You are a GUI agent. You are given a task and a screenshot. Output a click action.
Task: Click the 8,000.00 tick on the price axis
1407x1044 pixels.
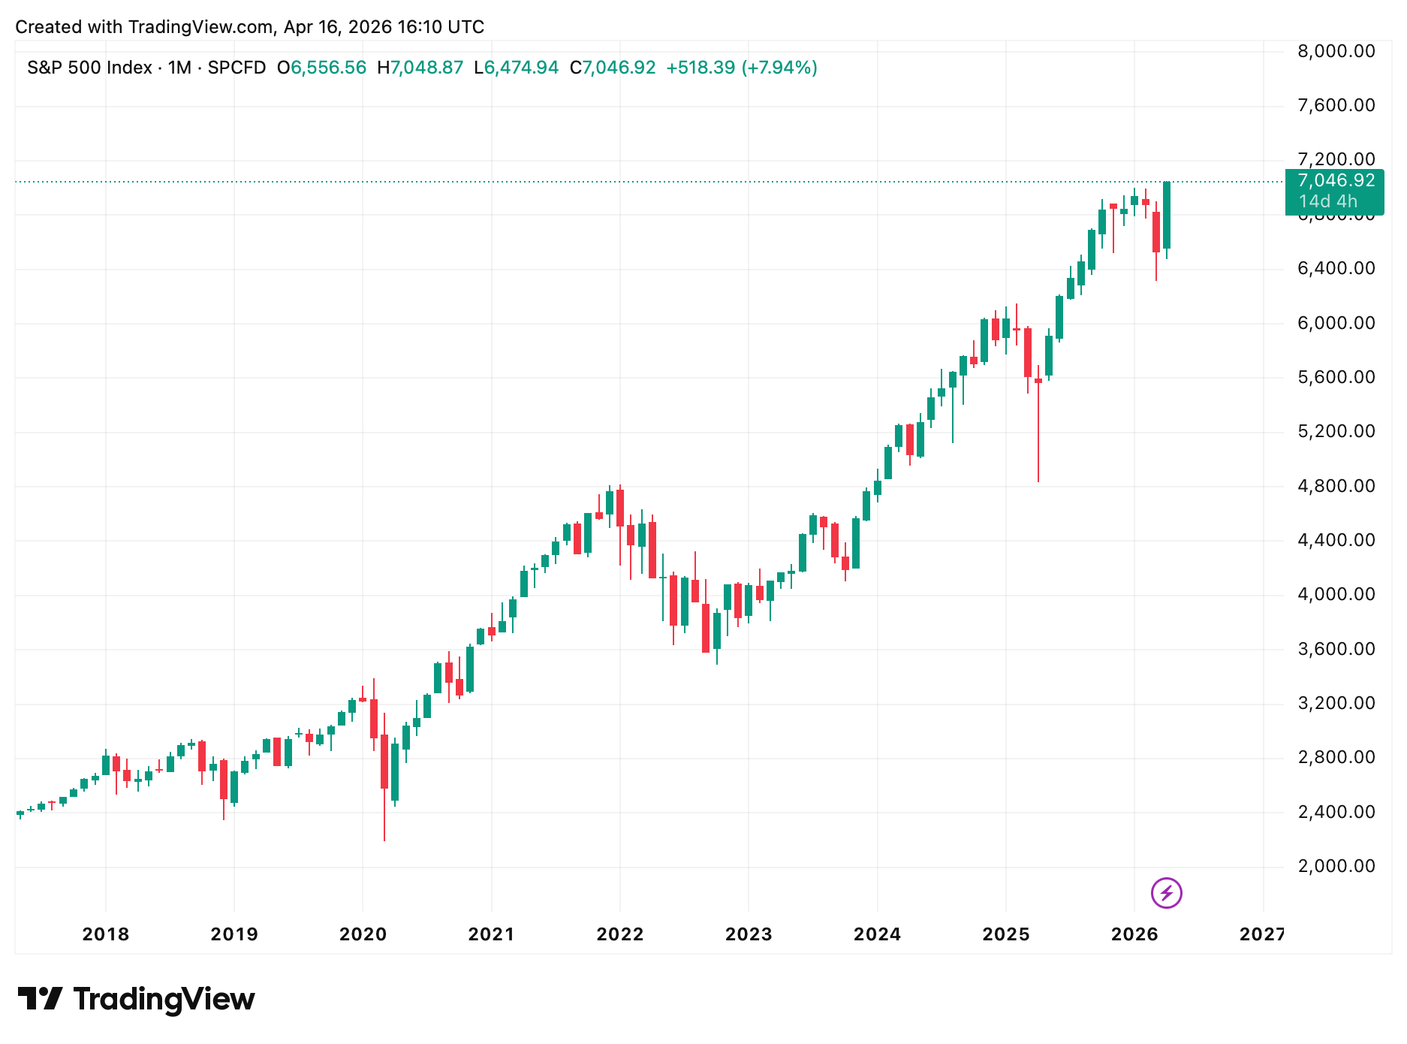click(x=1336, y=51)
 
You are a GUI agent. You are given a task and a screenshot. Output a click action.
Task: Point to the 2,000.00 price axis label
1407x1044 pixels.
click(x=1336, y=866)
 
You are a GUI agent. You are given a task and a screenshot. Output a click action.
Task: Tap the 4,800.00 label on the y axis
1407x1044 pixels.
click(x=1336, y=486)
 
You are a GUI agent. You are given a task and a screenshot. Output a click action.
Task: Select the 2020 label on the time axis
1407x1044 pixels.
click(x=363, y=934)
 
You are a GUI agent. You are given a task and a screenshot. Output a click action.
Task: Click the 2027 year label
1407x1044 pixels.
click(x=1262, y=934)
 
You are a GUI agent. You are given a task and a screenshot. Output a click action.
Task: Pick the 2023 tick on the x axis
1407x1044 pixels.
click(x=749, y=934)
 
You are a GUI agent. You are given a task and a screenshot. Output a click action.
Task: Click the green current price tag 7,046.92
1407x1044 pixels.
click(x=1336, y=180)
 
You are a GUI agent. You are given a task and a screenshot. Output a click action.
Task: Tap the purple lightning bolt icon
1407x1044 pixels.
click(x=1166, y=893)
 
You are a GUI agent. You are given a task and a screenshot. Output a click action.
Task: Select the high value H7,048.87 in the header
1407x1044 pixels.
click(x=420, y=68)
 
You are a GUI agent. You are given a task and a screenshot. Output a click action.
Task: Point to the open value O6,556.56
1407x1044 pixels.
click(x=321, y=68)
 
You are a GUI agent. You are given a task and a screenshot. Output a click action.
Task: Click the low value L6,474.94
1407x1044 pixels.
click(x=517, y=68)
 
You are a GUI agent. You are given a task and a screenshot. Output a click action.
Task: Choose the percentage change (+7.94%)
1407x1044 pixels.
click(x=779, y=68)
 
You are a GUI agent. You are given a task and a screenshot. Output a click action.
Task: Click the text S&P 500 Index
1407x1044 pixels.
click(x=89, y=68)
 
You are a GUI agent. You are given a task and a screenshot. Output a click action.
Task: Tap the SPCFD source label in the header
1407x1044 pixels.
click(x=237, y=68)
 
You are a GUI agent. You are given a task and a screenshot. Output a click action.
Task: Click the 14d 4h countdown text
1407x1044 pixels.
click(x=1328, y=201)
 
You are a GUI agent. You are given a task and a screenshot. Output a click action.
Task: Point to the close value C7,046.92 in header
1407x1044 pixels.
click(x=613, y=68)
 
